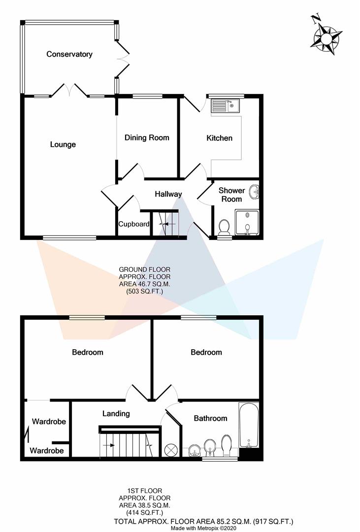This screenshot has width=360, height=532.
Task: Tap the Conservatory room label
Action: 69,54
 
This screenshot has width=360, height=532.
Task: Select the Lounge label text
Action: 63,144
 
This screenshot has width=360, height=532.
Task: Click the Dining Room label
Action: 147,137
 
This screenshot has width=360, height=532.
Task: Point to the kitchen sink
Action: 225,105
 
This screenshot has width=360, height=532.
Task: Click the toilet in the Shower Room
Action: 224,227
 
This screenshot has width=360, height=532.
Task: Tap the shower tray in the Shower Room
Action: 247,222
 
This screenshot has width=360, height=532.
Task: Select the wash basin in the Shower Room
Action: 254,192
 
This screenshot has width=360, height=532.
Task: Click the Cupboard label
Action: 133,224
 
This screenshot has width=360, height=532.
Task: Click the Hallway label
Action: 168,195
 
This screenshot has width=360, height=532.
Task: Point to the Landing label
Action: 116,413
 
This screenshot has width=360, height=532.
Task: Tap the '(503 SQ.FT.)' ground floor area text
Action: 144,292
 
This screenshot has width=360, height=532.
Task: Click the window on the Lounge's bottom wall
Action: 69,238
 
